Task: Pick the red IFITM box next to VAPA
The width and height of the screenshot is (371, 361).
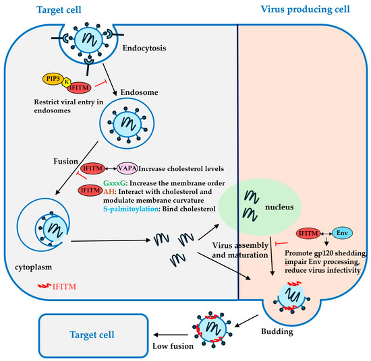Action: [92, 169]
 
